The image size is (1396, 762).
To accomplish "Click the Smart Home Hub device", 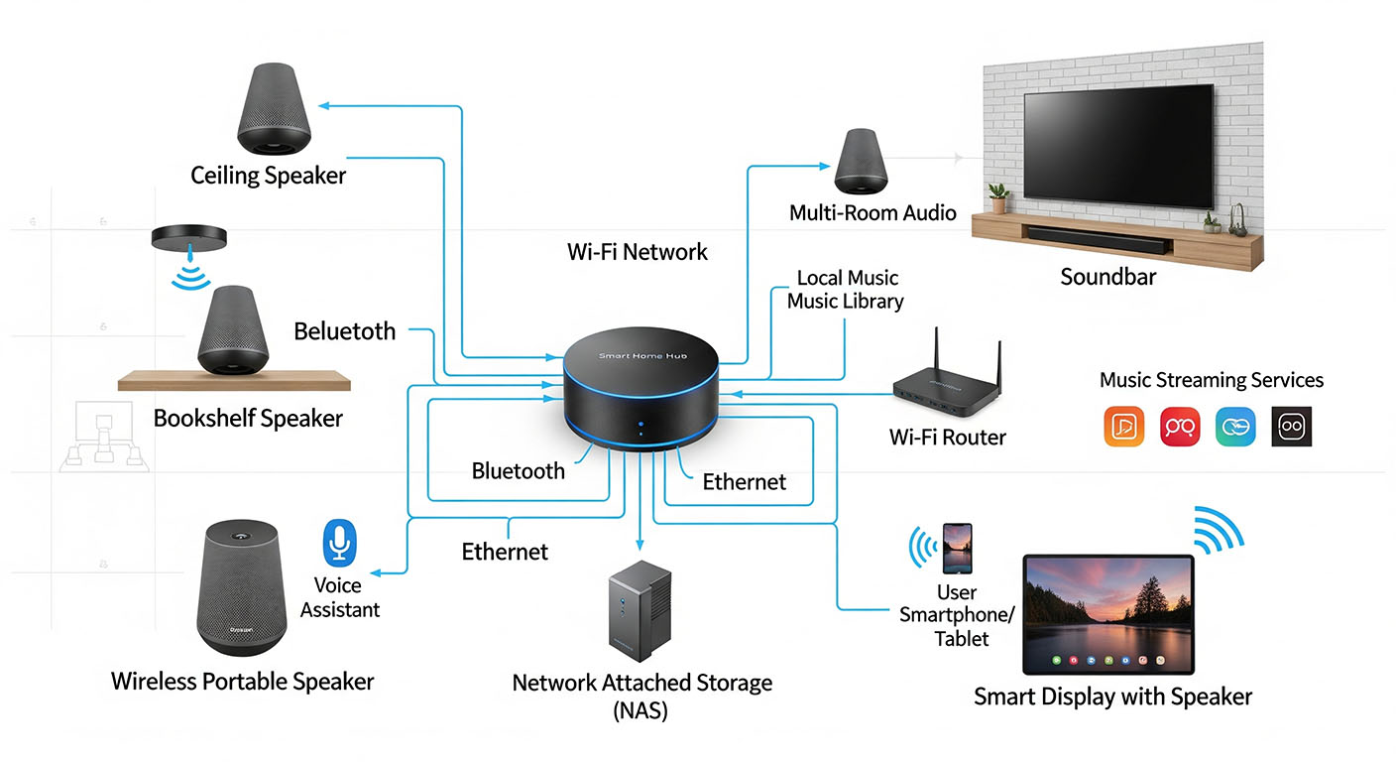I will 640,392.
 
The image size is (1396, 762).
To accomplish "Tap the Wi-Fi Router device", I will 946,392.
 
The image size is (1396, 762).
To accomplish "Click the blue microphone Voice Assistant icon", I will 340,543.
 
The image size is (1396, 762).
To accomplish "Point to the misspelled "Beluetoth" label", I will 344,331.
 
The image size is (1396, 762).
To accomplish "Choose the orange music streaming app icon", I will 1123,426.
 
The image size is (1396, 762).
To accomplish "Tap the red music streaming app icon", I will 1180,426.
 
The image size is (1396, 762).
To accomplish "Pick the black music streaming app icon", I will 1291,426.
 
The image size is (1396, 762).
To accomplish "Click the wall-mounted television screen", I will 1118,142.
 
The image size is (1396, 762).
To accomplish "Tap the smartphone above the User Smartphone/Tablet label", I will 957,549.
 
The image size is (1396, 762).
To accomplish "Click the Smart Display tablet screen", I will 1107,614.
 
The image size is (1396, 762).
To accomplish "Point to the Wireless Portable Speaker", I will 243,590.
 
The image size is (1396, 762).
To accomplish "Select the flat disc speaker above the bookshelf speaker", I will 189,237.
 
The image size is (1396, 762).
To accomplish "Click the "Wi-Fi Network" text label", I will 637,252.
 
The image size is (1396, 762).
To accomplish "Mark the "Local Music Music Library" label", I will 845,289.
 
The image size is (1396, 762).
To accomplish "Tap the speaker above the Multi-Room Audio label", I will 865,163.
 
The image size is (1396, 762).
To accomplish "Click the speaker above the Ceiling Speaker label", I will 275,108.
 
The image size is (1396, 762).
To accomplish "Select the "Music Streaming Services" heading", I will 1211,380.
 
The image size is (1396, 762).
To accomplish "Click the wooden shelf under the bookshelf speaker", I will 234,381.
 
